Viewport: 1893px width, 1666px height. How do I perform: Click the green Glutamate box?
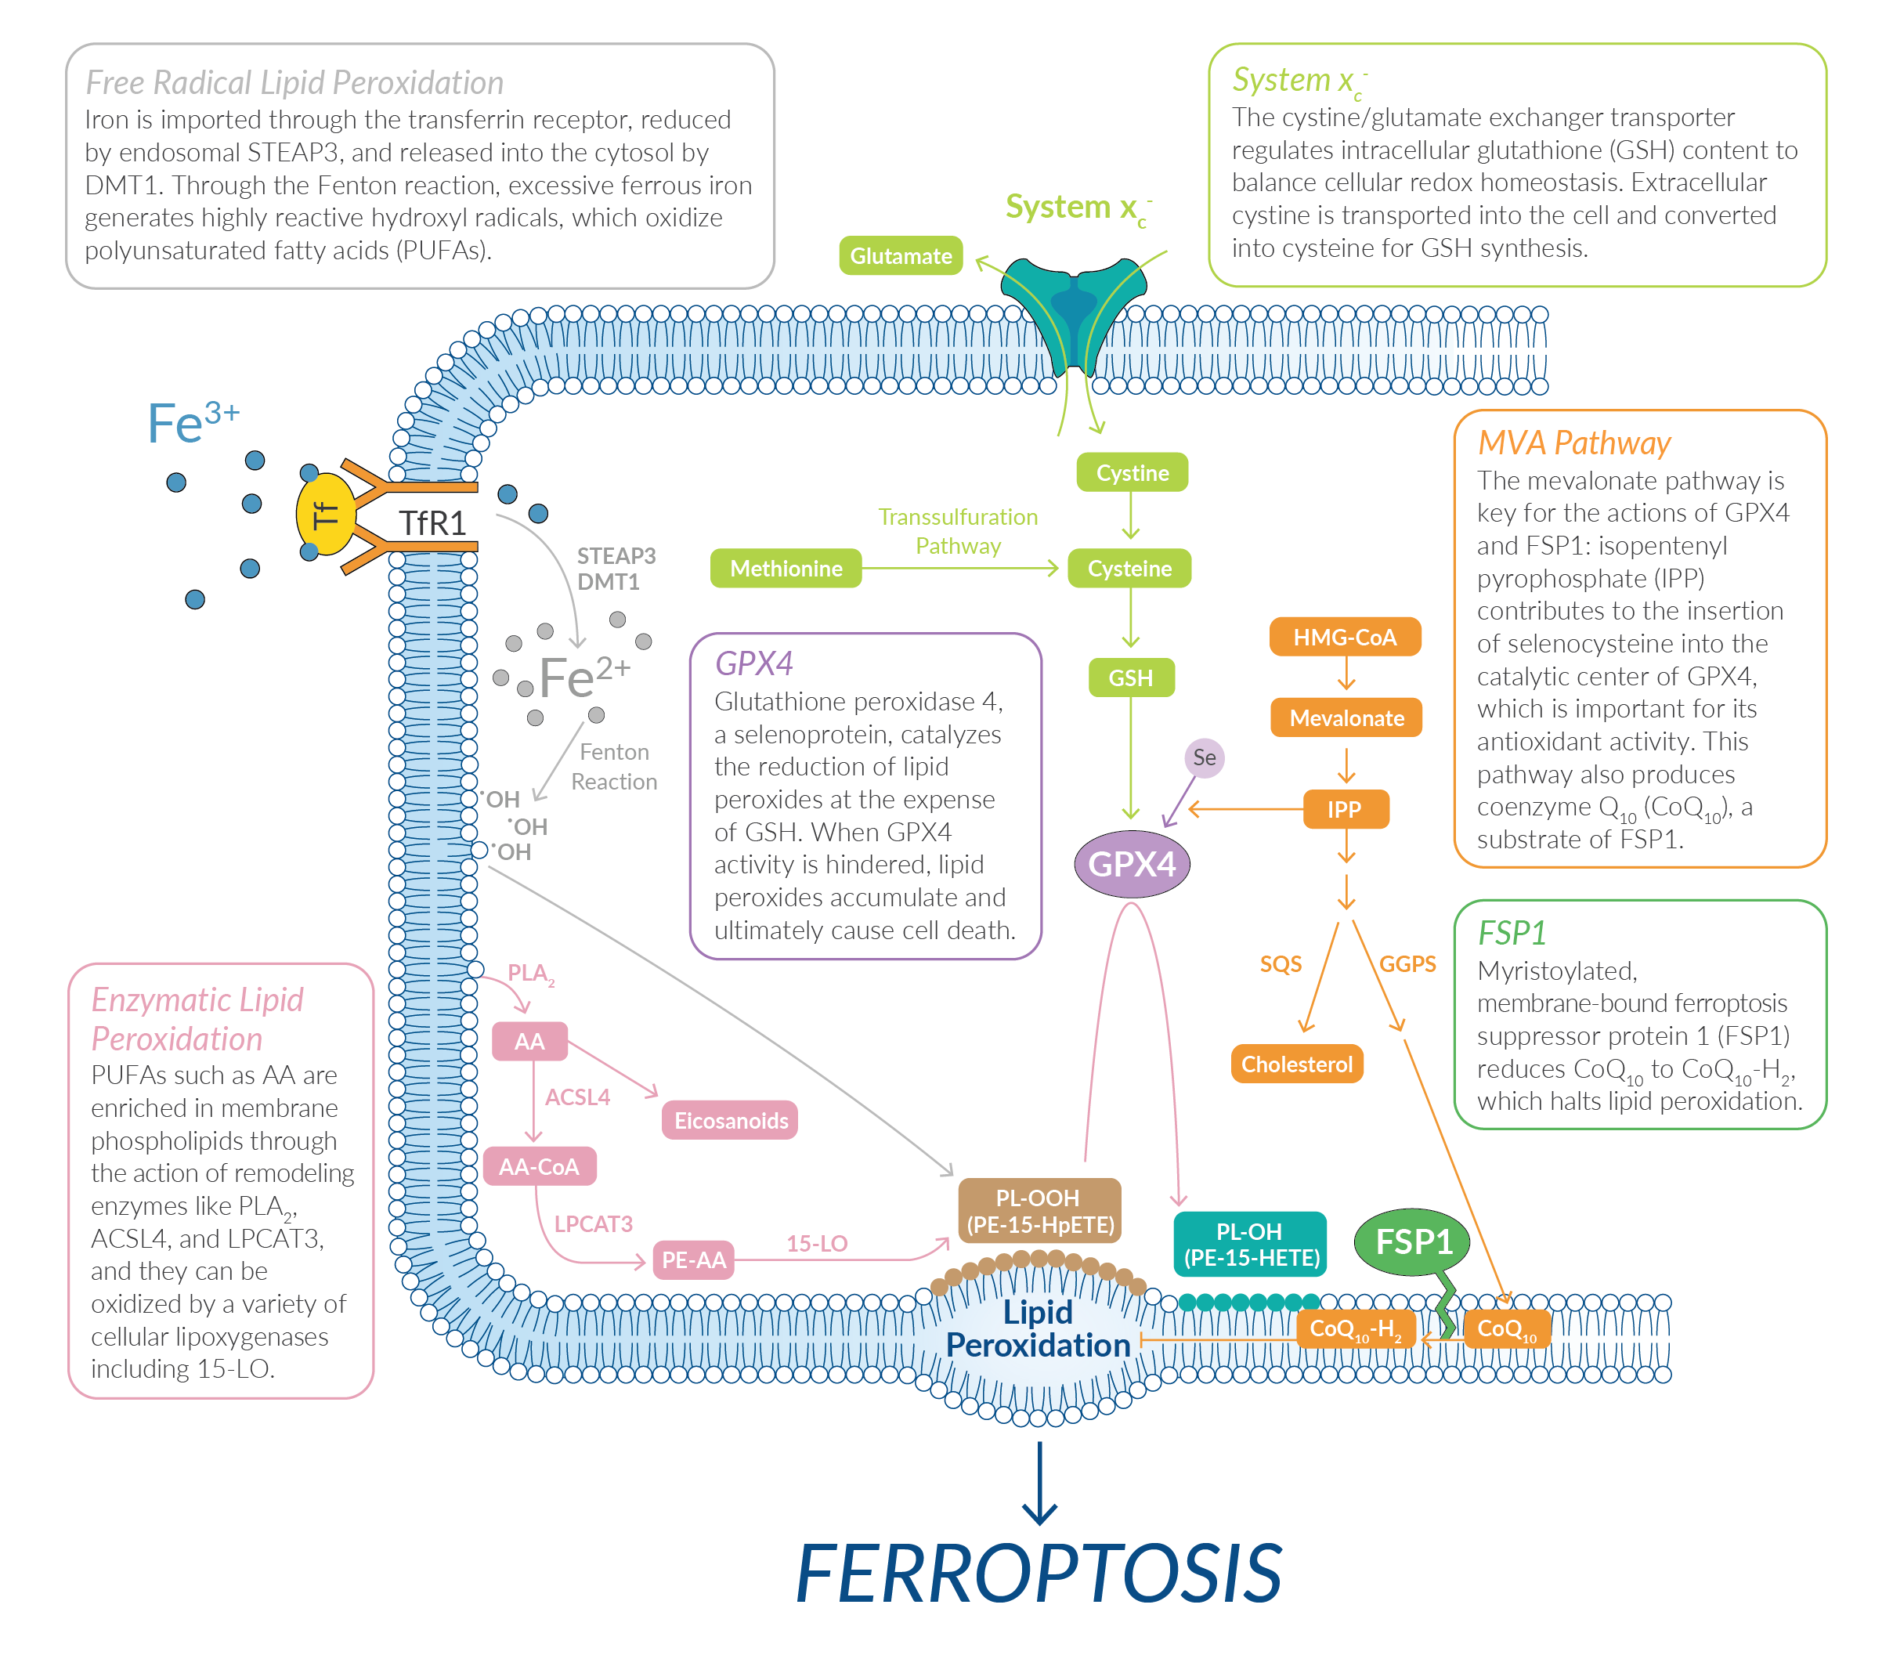click(900, 255)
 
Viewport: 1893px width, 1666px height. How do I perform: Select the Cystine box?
click(1131, 472)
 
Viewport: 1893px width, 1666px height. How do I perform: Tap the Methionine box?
click(786, 568)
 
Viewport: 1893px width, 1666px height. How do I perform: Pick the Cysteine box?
click(1129, 568)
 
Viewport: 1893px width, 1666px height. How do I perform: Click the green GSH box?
click(1130, 677)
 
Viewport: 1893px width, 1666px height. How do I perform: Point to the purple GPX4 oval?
click(1131, 863)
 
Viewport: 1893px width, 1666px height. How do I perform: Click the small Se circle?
click(1204, 757)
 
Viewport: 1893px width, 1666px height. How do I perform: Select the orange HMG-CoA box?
click(1344, 637)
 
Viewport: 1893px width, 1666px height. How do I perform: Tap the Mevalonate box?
click(1346, 717)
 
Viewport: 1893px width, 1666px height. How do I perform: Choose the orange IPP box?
click(1344, 808)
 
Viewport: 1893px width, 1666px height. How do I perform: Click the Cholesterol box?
click(1295, 1064)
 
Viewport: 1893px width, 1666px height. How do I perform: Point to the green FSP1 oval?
click(1412, 1241)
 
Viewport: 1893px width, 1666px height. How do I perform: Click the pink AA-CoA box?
click(539, 1166)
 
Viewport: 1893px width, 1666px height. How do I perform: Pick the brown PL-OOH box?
click(1039, 1210)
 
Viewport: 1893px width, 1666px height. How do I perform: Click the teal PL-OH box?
click(1250, 1244)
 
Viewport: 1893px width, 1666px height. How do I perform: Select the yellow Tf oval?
click(325, 514)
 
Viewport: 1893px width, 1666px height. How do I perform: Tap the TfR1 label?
click(432, 522)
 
